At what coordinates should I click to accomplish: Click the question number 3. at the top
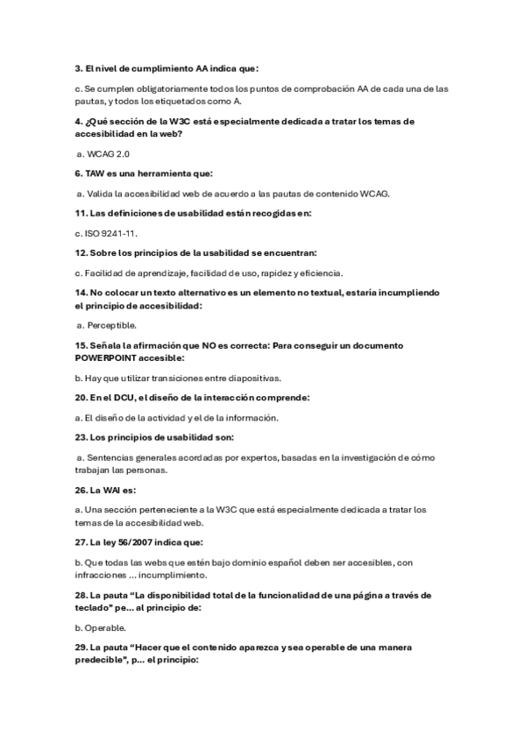pyautogui.click(x=78, y=67)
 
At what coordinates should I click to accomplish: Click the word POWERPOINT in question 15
pyautogui.click(x=113, y=357)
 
